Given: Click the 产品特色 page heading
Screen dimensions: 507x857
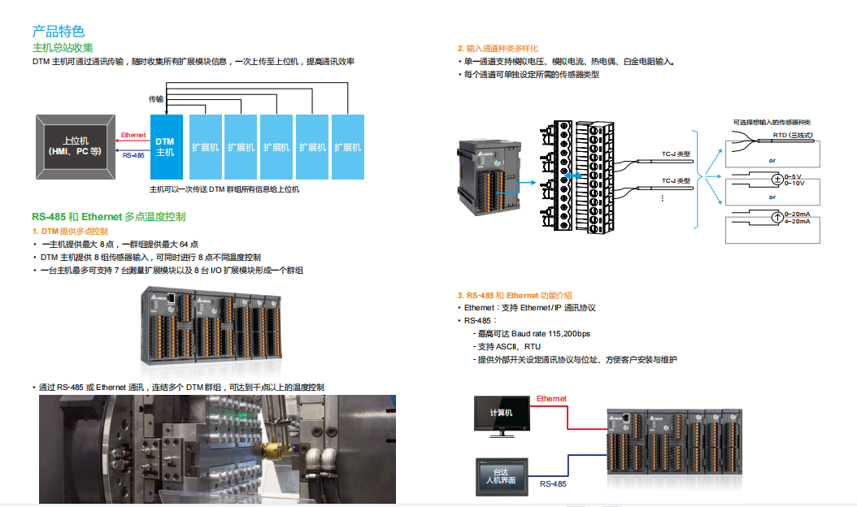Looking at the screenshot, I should (x=58, y=32).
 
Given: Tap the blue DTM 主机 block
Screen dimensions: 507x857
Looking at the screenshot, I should (x=165, y=147).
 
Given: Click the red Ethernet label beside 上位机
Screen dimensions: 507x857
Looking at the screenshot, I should (x=133, y=136).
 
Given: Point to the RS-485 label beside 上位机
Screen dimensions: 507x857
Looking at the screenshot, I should (x=133, y=155).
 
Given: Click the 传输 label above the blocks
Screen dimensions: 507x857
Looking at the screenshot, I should (x=155, y=99).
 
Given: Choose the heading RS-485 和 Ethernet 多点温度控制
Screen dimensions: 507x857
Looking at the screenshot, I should (x=108, y=217).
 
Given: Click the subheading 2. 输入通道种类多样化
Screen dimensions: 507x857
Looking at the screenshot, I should (x=497, y=49).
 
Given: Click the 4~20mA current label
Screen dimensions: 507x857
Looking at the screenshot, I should (x=798, y=221).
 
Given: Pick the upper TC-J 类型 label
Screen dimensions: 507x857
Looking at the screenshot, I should (x=675, y=154).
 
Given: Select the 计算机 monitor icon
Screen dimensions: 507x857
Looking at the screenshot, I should (x=501, y=414).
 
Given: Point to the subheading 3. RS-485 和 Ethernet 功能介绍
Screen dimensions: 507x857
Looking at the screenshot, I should (x=514, y=295).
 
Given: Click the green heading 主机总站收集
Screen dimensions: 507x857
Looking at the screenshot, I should (x=63, y=48).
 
